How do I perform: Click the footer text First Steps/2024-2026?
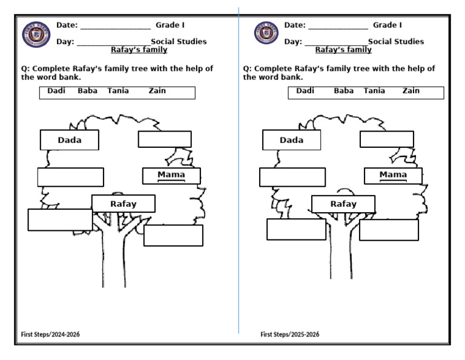coord(51,335)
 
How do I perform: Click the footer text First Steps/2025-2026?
coord(290,335)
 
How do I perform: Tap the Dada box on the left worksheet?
coord(70,140)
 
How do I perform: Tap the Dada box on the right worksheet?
coord(291,140)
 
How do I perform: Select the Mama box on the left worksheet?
coord(171,176)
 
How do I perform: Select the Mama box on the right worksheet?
coord(393,176)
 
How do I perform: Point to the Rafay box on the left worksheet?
coord(124,204)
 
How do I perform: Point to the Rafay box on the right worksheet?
coord(343,204)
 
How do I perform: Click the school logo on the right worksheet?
coord(265,34)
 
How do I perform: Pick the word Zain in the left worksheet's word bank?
coord(157,91)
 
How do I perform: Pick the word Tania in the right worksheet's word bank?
coord(374,91)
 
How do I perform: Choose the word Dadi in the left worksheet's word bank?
coord(56,91)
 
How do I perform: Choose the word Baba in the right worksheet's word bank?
coord(344,91)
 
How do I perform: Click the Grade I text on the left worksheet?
coord(170,25)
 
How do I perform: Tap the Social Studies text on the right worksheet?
coord(396,42)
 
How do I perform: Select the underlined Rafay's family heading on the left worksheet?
coord(139,50)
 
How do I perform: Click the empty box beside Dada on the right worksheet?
coord(386,139)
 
